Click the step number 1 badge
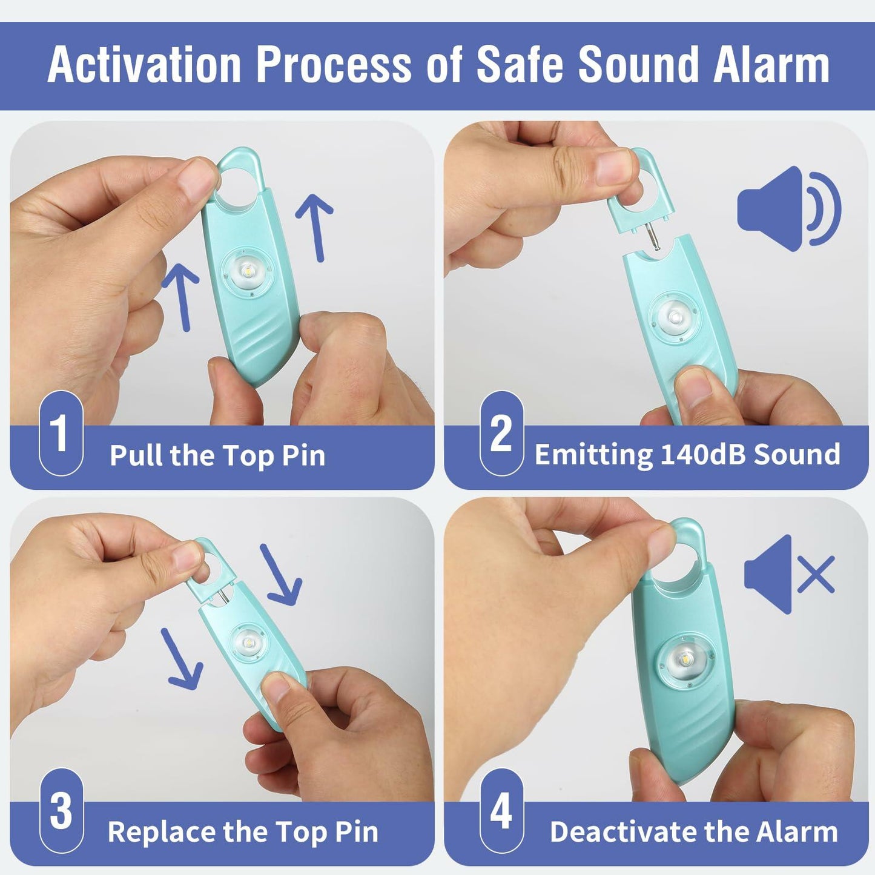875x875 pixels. click(x=61, y=433)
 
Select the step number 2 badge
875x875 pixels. click(x=501, y=433)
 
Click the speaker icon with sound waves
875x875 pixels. click(x=788, y=209)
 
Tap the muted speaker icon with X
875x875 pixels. click(x=788, y=573)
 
